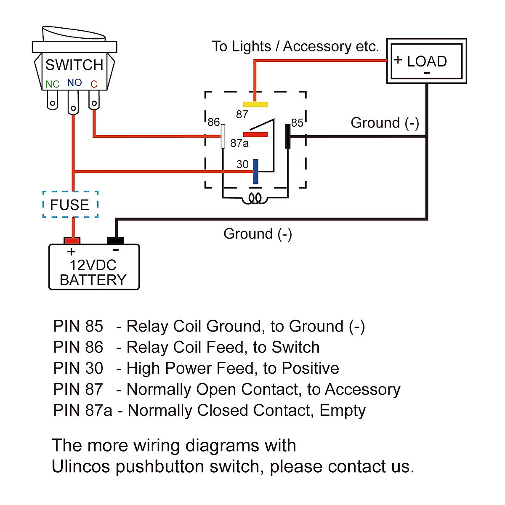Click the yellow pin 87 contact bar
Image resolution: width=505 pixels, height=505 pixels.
pyautogui.click(x=255, y=104)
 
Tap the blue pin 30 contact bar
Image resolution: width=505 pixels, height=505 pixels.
pyautogui.click(x=255, y=171)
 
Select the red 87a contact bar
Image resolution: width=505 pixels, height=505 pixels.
pyautogui.click(x=255, y=135)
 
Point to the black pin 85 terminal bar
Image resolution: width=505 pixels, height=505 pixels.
pyautogui.click(x=288, y=136)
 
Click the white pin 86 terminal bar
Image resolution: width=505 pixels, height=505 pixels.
pyautogui.click(x=223, y=136)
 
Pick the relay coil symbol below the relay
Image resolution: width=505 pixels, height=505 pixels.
pyautogui.click(x=255, y=198)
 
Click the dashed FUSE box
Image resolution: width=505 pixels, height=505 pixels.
pyautogui.click(x=70, y=205)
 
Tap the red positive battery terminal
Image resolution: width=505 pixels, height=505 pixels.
pyautogui.click(x=72, y=241)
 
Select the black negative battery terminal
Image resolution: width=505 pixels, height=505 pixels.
pyautogui.click(x=115, y=241)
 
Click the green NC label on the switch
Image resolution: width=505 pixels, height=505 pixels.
pyautogui.click(x=53, y=85)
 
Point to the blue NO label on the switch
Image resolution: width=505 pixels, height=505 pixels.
pyautogui.click(x=74, y=83)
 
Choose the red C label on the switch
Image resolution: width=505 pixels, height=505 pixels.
pyautogui.click(x=94, y=85)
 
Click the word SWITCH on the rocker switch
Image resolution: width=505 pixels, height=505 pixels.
pyautogui.click(x=74, y=65)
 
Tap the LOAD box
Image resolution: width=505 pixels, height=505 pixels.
pyautogui.click(x=426, y=61)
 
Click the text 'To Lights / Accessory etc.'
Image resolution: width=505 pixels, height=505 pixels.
pyautogui.click(x=295, y=46)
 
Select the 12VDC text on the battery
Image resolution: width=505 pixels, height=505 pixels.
pyautogui.click(x=93, y=265)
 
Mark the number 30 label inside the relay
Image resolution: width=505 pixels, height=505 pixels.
pyautogui.click(x=242, y=164)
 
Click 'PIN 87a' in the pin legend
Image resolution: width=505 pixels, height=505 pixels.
pyautogui.click(x=82, y=410)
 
